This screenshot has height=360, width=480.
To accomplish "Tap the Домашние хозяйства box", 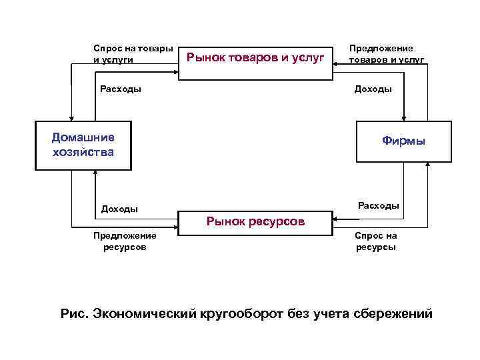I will coord(83,145).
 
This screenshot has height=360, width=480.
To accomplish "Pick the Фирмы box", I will coord(403,141).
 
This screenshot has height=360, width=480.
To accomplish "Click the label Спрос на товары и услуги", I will coord(133,54).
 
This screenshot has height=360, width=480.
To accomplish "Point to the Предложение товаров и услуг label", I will coord(386,54).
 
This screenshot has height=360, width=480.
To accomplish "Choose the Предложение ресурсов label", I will coord(125,241).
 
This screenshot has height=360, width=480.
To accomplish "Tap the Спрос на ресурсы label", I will coord(375,241).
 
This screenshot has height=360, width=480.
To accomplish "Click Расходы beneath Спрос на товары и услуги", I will coord(120,89).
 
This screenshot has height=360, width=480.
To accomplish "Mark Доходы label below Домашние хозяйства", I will coord(119,209).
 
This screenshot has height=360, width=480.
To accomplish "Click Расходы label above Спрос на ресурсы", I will coord(379,205).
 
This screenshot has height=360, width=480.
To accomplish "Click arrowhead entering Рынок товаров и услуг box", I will coord(336,64).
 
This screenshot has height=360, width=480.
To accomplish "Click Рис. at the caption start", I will coord(73,313).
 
